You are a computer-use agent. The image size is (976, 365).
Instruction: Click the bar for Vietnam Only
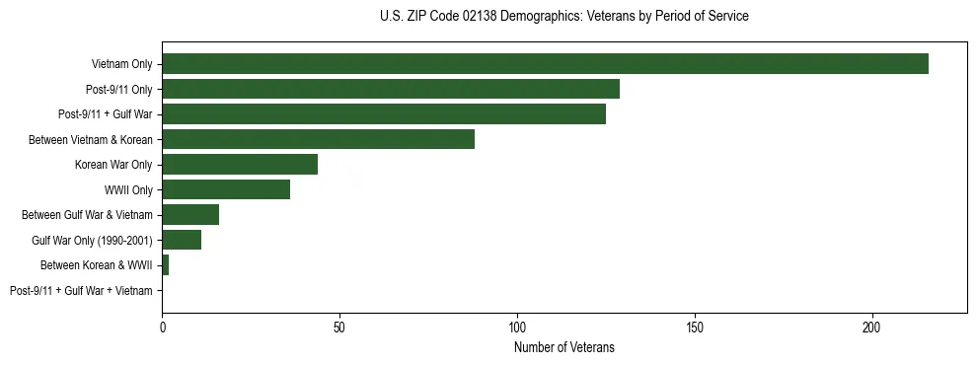pyautogui.click(x=545, y=64)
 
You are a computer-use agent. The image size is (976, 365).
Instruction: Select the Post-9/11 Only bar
pyautogui.click(x=391, y=89)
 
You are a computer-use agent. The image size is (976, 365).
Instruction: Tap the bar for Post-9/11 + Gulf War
pyautogui.click(x=384, y=114)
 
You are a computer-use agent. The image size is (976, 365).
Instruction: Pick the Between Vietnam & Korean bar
pyautogui.click(x=318, y=139)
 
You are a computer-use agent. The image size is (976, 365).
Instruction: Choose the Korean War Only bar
pyautogui.click(x=240, y=165)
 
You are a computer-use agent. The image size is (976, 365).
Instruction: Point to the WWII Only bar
pyautogui.click(x=226, y=189)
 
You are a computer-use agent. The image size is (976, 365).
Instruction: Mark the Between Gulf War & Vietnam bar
pyautogui.click(x=190, y=215)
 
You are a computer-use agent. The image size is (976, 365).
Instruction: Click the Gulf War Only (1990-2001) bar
pyautogui.click(x=182, y=240)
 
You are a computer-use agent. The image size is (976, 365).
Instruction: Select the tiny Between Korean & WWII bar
pyautogui.click(x=165, y=265)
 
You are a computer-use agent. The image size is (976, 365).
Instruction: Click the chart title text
pyautogui.click(x=563, y=17)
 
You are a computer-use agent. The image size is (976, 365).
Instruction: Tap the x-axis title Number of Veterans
pyautogui.click(x=563, y=347)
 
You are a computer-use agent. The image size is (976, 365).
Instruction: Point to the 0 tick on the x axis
pyautogui.click(x=162, y=327)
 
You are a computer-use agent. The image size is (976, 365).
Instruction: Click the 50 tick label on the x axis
pyautogui.click(x=339, y=327)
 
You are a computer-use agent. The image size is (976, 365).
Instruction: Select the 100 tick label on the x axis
pyautogui.click(x=517, y=327)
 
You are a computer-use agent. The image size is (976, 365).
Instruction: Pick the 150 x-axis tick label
pyautogui.click(x=695, y=327)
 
